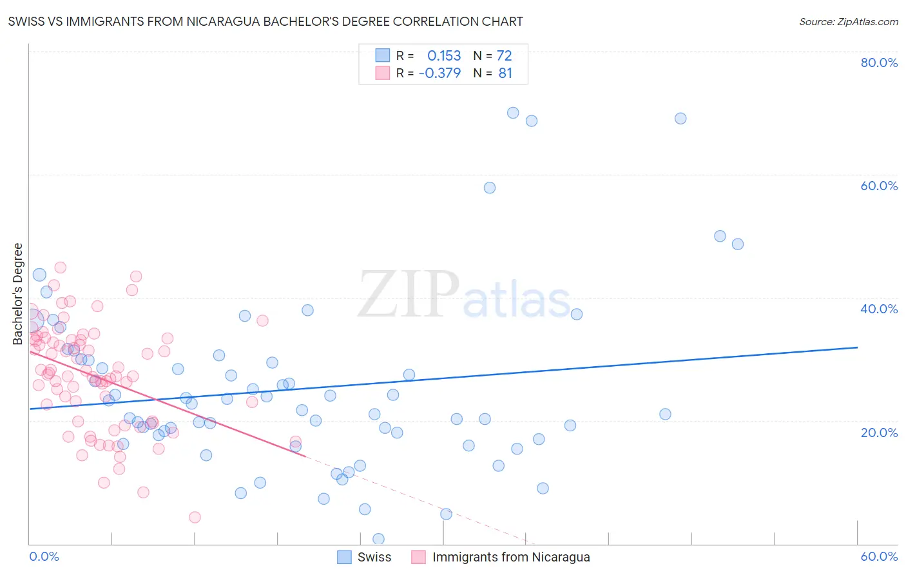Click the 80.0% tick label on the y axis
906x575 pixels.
pyautogui.click(x=879, y=63)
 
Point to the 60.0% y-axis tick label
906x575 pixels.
pyautogui.click(x=879, y=186)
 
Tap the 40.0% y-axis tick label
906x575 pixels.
pyautogui.click(x=879, y=309)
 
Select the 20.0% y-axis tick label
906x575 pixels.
pyautogui.click(x=879, y=433)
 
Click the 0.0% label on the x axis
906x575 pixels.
pyautogui.click(x=44, y=556)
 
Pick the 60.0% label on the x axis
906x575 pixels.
pyautogui.click(x=879, y=556)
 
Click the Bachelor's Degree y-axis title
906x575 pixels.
pyautogui.click(x=18, y=294)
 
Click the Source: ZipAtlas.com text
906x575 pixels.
pyautogui.click(x=848, y=21)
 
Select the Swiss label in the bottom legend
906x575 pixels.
pyautogui.click(x=374, y=557)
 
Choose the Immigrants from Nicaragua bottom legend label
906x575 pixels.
pyautogui.click(x=511, y=557)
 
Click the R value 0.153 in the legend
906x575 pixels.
pyautogui.click(x=444, y=55)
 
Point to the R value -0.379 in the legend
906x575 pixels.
pyautogui.click(x=439, y=73)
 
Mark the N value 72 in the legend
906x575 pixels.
pyautogui.click(x=504, y=55)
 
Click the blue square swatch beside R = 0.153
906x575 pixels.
pyautogui.click(x=383, y=55)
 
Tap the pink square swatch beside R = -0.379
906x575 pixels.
pyautogui.click(x=383, y=73)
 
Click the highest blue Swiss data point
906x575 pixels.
pyautogui.click(x=513, y=113)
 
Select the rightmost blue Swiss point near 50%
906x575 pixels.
pyautogui.click(x=738, y=244)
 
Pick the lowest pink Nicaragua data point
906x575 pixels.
pyautogui.click(x=195, y=517)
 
